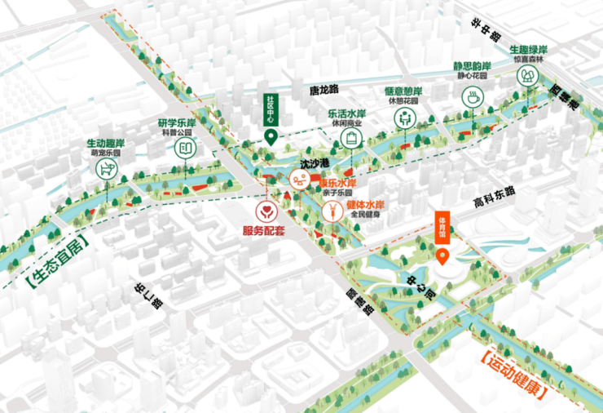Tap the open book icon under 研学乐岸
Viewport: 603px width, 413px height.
(x=185, y=147)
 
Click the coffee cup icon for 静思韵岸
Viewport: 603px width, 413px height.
(x=471, y=98)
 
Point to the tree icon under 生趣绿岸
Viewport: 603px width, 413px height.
(x=529, y=76)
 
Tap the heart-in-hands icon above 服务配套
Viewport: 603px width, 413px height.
(x=266, y=212)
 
